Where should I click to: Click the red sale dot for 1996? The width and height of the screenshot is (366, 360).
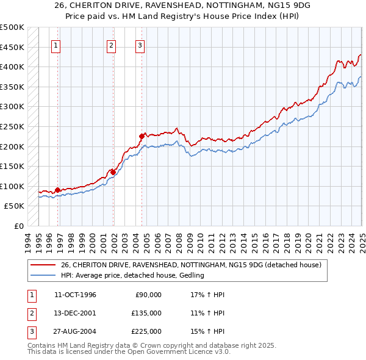pos(57,190)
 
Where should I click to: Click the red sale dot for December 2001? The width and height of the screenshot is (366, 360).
pos(113,172)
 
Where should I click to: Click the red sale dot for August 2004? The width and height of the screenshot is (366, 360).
pos(142,136)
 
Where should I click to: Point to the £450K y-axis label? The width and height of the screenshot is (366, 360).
pos(12,47)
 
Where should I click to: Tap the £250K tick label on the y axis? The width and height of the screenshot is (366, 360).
pos(12,126)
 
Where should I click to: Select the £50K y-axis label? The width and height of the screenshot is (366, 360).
pos(15,206)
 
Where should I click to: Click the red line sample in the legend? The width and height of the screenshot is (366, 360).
pos(43,265)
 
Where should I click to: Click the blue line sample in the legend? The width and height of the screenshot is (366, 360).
pos(43,276)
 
